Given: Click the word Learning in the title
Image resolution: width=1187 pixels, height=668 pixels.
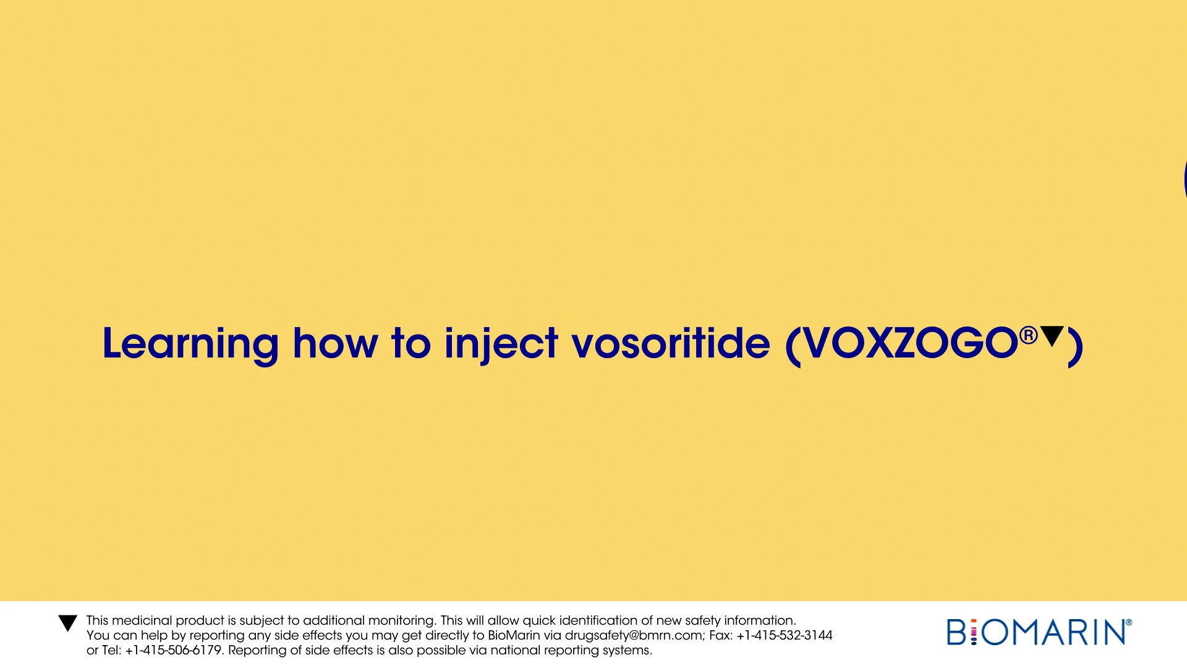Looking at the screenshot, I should click(x=190, y=344).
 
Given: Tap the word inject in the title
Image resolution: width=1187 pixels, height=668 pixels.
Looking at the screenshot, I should click(x=501, y=344).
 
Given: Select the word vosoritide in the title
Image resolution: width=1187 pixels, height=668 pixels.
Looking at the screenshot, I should click(x=671, y=344).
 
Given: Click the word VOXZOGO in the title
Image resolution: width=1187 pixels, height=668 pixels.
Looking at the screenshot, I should click(x=909, y=344).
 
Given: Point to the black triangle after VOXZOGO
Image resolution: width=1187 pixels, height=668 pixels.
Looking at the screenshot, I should click(x=1052, y=336).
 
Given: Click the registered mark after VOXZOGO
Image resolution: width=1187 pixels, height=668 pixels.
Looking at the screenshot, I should click(x=1027, y=335).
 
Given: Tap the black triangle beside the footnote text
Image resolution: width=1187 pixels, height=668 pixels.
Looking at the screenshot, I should click(x=67, y=623).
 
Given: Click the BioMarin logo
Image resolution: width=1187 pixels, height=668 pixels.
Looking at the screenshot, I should click(x=1039, y=632).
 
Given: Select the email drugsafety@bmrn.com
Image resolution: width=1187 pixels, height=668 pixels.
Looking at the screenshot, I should click(x=633, y=635).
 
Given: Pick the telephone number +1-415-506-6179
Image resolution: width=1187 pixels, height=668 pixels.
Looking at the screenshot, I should click(x=173, y=650).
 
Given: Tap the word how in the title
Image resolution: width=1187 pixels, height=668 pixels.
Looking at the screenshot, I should click(x=334, y=344).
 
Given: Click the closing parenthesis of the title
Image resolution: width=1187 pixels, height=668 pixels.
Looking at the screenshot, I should click(x=1076, y=346).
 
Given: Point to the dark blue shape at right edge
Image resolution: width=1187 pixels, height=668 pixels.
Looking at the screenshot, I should click(x=1184, y=179).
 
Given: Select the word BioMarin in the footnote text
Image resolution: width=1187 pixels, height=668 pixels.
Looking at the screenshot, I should click(x=513, y=635).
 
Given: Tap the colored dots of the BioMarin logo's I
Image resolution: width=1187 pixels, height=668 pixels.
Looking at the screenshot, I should click(x=974, y=633).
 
